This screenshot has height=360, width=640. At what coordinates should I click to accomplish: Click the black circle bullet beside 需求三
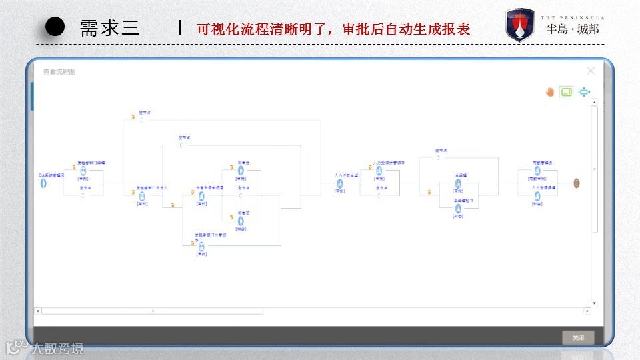click(x=55, y=27)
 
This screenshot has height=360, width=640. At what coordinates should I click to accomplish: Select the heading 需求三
click(x=110, y=28)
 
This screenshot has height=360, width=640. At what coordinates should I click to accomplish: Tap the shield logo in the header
click(x=519, y=25)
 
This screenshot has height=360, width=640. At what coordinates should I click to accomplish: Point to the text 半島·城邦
click(x=573, y=29)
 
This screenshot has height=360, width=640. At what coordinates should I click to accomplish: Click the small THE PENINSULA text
click(x=573, y=17)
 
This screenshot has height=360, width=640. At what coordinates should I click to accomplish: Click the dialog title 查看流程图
click(x=59, y=72)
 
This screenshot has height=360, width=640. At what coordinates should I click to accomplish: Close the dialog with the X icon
click(x=591, y=71)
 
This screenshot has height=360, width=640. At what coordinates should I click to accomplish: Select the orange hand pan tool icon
click(x=550, y=92)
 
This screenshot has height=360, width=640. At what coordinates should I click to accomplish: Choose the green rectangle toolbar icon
click(x=566, y=92)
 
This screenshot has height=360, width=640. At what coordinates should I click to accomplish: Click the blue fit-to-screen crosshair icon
click(x=585, y=92)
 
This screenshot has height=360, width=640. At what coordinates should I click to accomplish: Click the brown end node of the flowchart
click(x=577, y=183)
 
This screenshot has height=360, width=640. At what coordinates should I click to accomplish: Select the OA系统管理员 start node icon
click(x=43, y=183)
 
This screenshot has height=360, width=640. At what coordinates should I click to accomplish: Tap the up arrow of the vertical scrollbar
click(x=595, y=103)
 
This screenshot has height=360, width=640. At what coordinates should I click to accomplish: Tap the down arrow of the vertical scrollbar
click(x=595, y=304)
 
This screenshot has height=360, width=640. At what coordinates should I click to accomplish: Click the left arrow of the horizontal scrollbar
click(x=37, y=311)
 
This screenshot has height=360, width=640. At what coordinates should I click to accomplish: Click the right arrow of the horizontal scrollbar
click(x=587, y=311)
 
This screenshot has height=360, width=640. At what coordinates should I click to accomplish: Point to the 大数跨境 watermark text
click(x=60, y=347)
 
